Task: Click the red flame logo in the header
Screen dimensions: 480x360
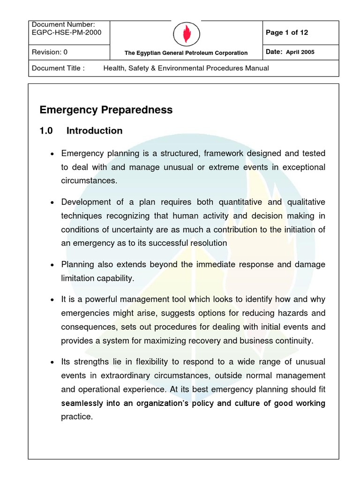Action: [x=186, y=33]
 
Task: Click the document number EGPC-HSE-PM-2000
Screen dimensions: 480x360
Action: [x=66, y=32]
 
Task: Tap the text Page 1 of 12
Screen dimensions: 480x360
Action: [x=286, y=33]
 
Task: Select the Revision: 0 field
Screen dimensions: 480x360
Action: [x=50, y=52]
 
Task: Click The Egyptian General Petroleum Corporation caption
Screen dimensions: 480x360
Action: [x=186, y=53]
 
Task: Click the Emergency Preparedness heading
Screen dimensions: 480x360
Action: [x=106, y=110]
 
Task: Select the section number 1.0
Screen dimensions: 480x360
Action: [x=46, y=131]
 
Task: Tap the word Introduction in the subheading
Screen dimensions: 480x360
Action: [x=94, y=131]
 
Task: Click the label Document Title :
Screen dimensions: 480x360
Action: [x=58, y=68]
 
